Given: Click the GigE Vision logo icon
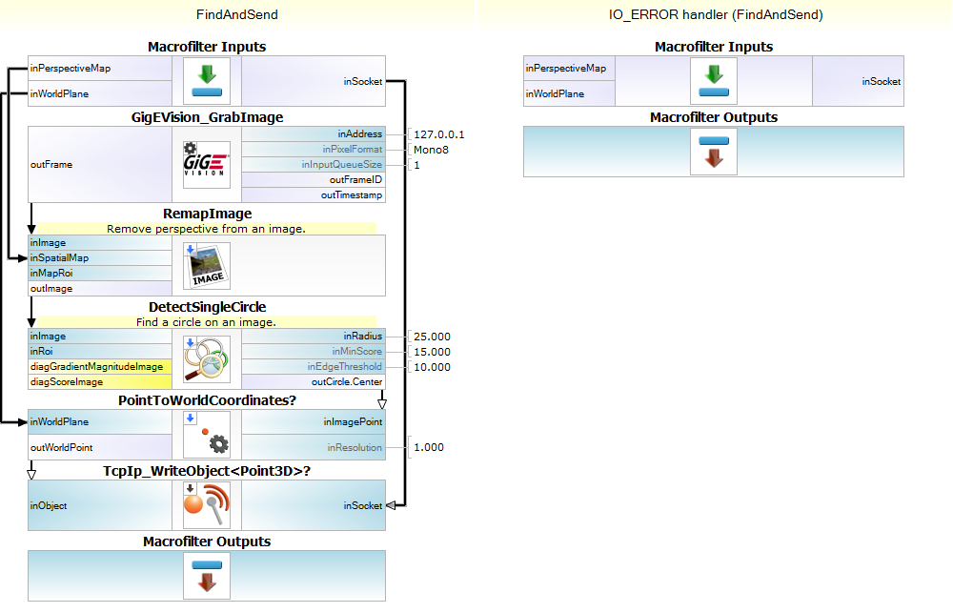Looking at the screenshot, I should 207,164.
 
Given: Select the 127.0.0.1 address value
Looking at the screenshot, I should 439,134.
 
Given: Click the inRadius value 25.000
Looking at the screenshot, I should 432,337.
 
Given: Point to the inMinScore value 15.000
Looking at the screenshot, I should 432,352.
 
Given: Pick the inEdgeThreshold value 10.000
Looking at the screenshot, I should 432,367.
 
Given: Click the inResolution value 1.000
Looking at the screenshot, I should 429,447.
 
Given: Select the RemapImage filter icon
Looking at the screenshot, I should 207,265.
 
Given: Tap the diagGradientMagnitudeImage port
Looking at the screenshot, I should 95,367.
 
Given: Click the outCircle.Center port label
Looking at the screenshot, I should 347,382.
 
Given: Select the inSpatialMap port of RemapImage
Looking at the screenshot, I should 59,258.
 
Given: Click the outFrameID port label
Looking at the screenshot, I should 355,180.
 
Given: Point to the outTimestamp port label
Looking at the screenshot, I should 352,195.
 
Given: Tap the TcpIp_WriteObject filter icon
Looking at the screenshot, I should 207,505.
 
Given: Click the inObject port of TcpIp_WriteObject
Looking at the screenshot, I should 49,506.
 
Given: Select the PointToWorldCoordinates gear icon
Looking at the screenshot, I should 207,435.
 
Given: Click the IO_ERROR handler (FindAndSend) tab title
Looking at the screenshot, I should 716,14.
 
